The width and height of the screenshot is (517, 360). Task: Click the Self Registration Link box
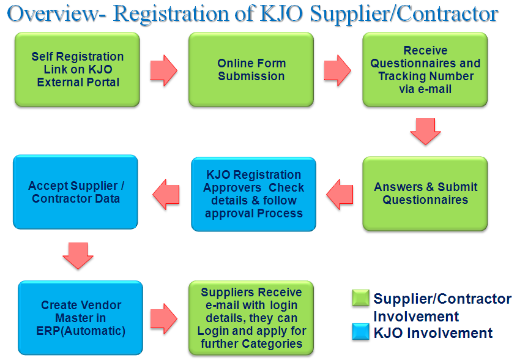77,69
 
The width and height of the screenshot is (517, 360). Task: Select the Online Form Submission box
251,69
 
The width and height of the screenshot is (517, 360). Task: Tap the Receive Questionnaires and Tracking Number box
425,69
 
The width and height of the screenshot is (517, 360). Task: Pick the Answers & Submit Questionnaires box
425,193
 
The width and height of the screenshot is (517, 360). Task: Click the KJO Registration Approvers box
253,194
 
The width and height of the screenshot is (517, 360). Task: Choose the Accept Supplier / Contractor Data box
75,192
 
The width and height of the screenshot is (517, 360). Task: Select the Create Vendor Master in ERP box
80,318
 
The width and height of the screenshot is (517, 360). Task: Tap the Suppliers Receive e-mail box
251,318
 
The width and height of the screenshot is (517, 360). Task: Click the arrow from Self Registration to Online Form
163,70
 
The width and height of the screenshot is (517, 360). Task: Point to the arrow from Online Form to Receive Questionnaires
337,70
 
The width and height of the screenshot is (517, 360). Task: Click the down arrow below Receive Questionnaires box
425,132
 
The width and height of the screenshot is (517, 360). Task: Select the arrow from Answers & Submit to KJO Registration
340,194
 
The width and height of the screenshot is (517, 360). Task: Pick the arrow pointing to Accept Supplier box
166,194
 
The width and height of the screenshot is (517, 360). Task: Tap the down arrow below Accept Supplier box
78,256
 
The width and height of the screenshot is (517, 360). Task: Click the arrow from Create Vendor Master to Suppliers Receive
163,319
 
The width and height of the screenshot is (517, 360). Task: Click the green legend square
360,298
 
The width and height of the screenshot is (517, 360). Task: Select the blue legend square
360,332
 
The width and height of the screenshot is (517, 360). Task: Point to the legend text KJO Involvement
433,333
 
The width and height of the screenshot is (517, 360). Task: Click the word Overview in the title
53,14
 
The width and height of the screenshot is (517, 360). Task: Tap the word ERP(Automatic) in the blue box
81,331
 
